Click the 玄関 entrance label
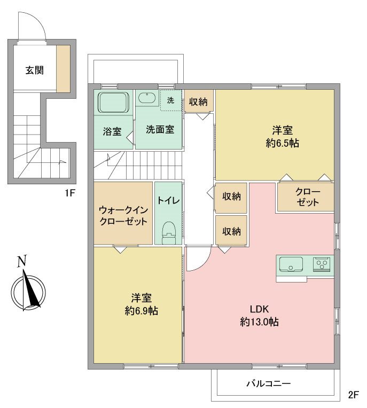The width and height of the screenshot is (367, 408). coord(34,69)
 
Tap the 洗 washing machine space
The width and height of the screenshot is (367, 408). coord(170,100)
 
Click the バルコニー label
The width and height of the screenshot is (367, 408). coord(268,383)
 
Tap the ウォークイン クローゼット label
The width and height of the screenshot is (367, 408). coord(123,215)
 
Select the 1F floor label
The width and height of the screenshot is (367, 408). coord(69,193)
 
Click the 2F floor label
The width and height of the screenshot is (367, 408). coord(353,396)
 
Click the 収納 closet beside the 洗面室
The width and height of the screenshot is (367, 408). coord(198,101)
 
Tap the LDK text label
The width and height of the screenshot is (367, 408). coord(259,309)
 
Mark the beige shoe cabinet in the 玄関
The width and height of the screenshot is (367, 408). coord(63,68)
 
